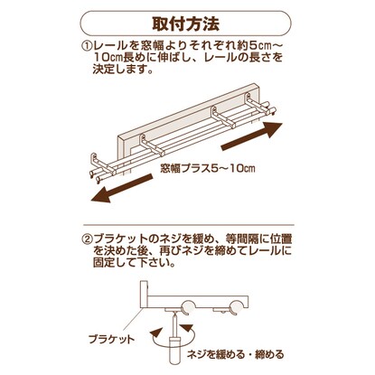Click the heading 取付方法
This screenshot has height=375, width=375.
coord(186,23)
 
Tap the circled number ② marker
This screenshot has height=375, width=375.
coord(87,239)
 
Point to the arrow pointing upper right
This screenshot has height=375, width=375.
coord(252,136)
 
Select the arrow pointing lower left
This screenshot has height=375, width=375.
coord(121,189)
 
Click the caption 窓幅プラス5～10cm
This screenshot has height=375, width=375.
coord(208,168)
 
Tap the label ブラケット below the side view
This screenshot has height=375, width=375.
coord(111,340)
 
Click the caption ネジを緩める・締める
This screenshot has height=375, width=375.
coord(235,354)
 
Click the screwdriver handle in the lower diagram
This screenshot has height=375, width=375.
coord(174,350)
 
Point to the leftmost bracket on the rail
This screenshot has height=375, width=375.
coord(102,165)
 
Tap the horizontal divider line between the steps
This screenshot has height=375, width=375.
coord(188,225)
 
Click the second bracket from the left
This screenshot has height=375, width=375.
coord(152,145)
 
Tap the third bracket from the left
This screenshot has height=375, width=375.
coord(223,117)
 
